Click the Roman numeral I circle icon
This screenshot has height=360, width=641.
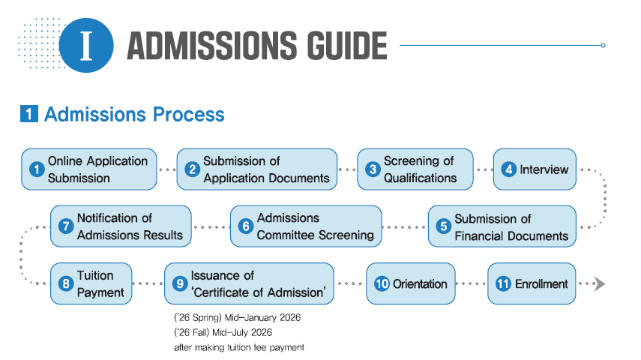tap(86, 46)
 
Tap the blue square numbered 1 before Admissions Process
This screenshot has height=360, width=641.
tap(29, 114)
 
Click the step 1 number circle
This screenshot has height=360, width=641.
tap(37, 169)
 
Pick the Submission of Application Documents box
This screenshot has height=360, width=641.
tap(256, 169)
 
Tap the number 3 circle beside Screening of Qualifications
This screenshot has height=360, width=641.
tap(373, 169)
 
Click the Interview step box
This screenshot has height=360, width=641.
tap(535, 169)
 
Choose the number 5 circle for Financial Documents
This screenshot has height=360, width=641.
tap(443, 226)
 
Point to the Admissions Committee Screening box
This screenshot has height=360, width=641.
tap(306, 226)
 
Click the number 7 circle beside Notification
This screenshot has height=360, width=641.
tap(66, 226)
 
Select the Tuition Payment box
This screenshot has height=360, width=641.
tap(91, 283)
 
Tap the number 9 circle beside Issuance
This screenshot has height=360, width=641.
tap(180, 283)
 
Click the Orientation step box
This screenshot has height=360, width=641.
tap(410, 283)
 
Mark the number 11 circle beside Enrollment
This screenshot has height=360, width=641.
tap(503, 283)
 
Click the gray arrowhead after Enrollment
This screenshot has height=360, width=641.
tap(599, 283)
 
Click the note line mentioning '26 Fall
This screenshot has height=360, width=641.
tap(223, 332)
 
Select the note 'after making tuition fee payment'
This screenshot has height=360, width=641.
tap(239, 347)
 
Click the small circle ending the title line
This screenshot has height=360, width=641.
tap(603, 46)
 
